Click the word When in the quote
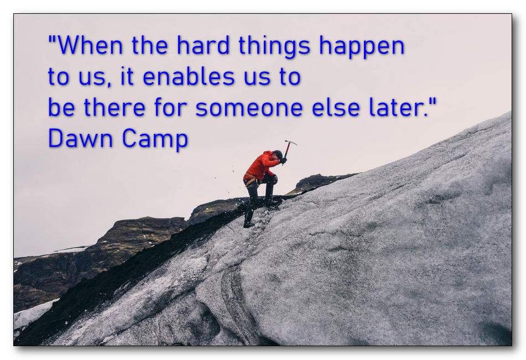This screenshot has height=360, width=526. (x=91, y=45)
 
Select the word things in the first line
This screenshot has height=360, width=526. (x=274, y=47)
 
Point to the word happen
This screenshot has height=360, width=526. (x=362, y=47)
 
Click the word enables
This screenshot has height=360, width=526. (x=189, y=76)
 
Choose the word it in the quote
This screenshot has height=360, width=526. (x=127, y=76)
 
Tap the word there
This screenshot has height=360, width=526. (x=114, y=107)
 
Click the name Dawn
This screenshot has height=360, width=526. (x=80, y=138)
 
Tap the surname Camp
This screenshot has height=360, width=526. (x=155, y=140)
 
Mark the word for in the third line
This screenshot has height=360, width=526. (x=170, y=107)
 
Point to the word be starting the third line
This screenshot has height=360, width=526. (x=61, y=107)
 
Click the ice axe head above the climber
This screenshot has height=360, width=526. (x=291, y=142)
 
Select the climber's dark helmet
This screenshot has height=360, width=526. (x=278, y=155)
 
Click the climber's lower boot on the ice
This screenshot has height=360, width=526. (x=248, y=225)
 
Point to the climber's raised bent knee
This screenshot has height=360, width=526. (x=273, y=179)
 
